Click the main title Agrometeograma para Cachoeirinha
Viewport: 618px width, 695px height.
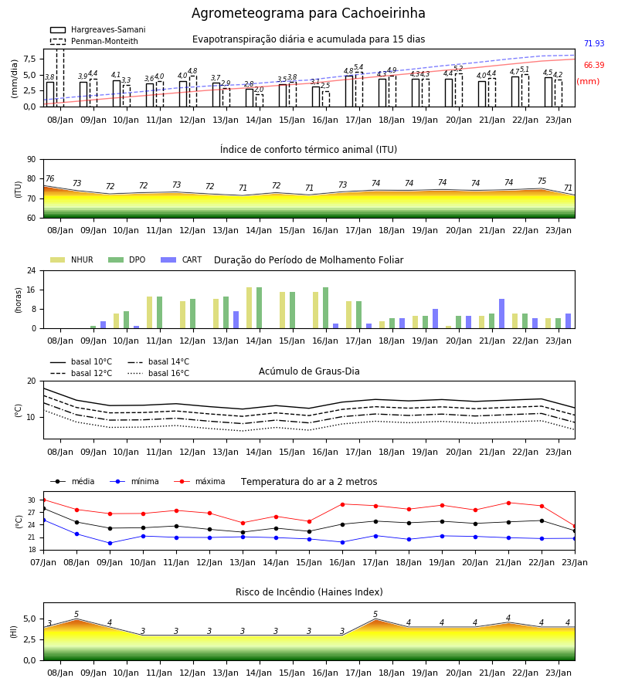click(x=308, y=13)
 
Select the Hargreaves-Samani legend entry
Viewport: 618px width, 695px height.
click(x=97, y=29)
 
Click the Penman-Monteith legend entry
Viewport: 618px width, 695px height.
click(x=94, y=41)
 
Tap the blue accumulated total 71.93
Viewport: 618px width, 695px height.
click(x=594, y=43)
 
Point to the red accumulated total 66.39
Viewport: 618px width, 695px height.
click(x=594, y=65)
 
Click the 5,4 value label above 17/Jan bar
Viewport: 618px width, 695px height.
click(x=358, y=67)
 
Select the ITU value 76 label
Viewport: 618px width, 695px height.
click(x=49, y=178)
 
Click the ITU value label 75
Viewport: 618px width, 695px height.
click(x=542, y=181)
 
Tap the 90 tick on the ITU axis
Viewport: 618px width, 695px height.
click(x=32, y=160)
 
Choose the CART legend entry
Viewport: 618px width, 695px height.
click(x=182, y=259)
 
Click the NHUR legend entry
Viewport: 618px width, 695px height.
click(x=72, y=259)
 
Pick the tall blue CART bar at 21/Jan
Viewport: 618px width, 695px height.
click(x=502, y=314)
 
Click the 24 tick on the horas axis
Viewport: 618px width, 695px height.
click(x=32, y=270)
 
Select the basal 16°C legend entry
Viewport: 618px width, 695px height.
click(x=158, y=373)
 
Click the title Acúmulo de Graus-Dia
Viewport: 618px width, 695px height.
click(x=309, y=371)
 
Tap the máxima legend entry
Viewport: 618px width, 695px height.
click(x=199, y=481)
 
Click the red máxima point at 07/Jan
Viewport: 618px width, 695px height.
click(x=44, y=500)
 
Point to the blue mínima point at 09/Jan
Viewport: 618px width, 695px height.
click(x=110, y=543)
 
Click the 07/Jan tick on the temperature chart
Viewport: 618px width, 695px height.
click(x=43, y=562)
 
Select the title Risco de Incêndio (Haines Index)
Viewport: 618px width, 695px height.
click(x=309, y=592)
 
